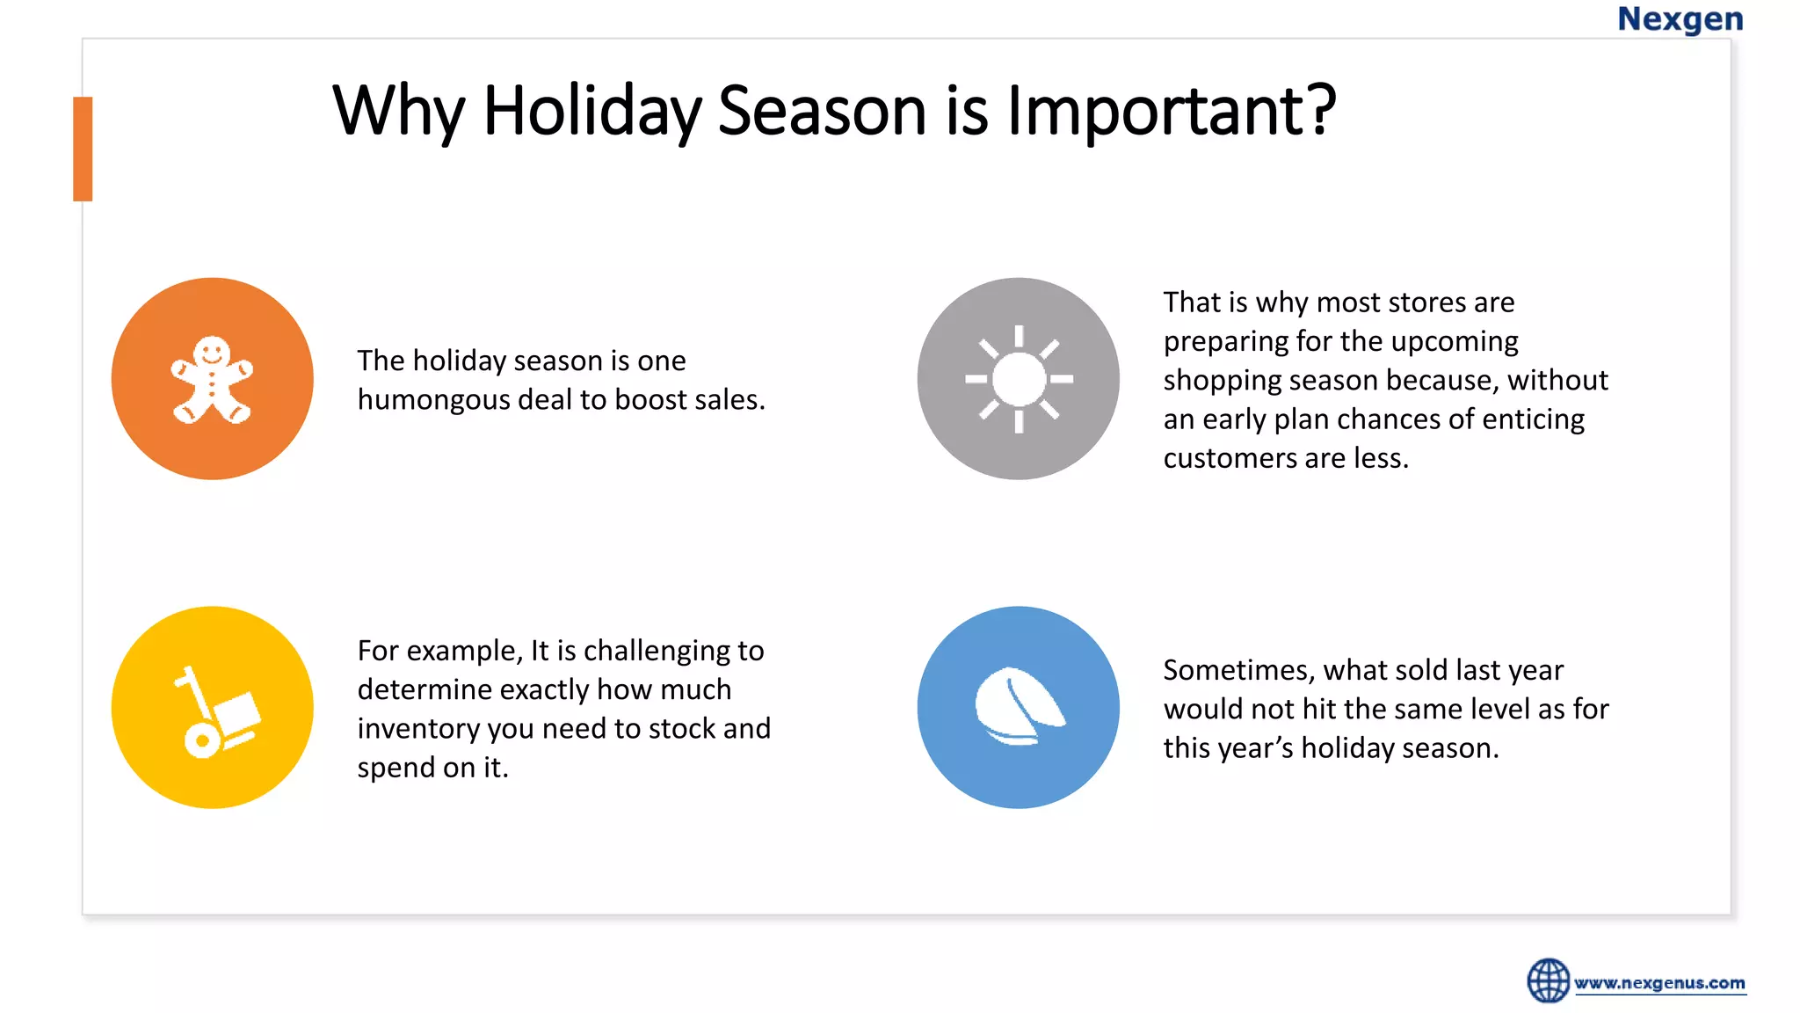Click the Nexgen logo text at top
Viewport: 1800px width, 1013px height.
click(x=1680, y=19)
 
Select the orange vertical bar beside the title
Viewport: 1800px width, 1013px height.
click(x=83, y=149)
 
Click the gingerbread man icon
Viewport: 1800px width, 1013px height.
click(x=212, y=380)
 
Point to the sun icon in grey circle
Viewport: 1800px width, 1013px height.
click(x=1019, y=380)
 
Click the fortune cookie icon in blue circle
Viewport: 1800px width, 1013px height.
click(x=1019, y=708)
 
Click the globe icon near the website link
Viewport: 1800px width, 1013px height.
click(x=1548, y=980)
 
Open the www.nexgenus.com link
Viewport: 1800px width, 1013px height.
click(x=1659, y=983)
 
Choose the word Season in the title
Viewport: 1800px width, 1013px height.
click(x=822, y=111)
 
